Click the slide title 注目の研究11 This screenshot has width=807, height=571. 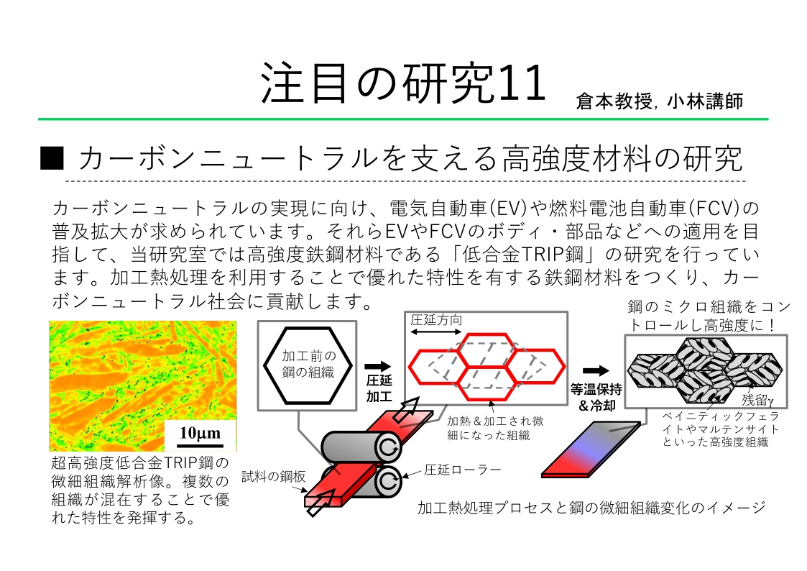(x=403, y=83)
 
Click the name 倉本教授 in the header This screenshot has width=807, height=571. (x=614, y=101)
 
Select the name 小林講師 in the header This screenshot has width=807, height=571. (x=705, y=101)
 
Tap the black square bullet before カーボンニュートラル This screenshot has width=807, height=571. (x=52, y=158)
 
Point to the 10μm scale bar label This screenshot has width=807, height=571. (x=200, y=432)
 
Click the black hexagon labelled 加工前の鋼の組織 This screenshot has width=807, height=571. (x=308, y=365)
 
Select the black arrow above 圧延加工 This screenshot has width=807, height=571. (x=378, y=367)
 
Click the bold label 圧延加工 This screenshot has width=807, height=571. (x=379, y=388)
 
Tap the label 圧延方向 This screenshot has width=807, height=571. (x=436, y=320)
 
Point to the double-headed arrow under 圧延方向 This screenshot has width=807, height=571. (x=436, y=332)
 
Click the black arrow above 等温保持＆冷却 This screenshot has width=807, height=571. (x=596, y=370)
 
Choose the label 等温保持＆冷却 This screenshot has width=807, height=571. (x=596, y=397)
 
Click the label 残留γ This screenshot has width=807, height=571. (x=757, y=400)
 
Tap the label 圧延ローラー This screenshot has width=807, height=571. (x=463, y=470)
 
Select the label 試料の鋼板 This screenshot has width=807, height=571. (x=273, y=477)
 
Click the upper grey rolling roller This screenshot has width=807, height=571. (x=361, y=447)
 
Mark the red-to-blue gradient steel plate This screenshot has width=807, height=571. (x=591, y=449)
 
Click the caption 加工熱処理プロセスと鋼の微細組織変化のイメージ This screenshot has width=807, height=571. (x=591, y=508)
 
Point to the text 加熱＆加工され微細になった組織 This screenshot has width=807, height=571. (x=495, y=428)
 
